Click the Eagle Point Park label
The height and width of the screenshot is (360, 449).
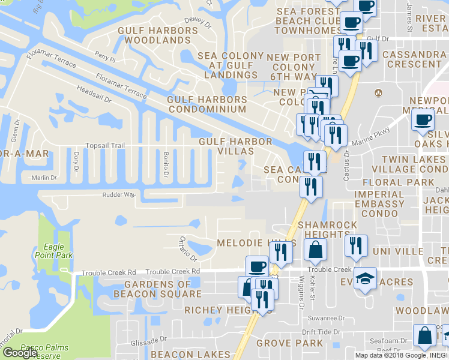[58, 251]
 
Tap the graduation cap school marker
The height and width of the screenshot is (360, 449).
[365, 278]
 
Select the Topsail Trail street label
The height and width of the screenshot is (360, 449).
[105, 146]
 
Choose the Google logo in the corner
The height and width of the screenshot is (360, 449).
[20, 352]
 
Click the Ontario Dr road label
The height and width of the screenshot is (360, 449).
[188, 248]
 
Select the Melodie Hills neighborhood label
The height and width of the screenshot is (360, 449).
[256, 243]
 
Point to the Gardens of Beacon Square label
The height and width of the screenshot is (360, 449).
[162, 289]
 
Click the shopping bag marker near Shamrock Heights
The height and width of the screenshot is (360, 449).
[315, 249]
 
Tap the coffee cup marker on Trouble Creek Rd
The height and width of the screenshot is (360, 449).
[257, 266]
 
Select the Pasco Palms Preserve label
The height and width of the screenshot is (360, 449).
[44, 350]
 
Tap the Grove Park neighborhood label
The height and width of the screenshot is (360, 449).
[289, 343]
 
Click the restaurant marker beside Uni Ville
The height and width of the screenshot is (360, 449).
[357, 245]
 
